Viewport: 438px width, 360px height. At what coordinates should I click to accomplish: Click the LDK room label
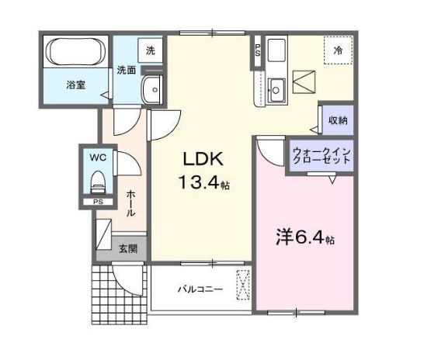203,159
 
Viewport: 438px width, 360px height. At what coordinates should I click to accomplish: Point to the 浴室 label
75,85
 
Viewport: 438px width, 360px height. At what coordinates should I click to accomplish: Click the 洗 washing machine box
150,50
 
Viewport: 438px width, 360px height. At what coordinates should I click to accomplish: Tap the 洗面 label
127,71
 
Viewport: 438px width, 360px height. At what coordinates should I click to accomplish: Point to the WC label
97,157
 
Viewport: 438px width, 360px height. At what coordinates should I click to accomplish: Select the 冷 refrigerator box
339,50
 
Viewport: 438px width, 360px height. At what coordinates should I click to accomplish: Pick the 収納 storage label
337,120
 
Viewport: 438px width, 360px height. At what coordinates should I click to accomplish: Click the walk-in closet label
322,154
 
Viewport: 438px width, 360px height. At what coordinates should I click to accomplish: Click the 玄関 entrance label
128,249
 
